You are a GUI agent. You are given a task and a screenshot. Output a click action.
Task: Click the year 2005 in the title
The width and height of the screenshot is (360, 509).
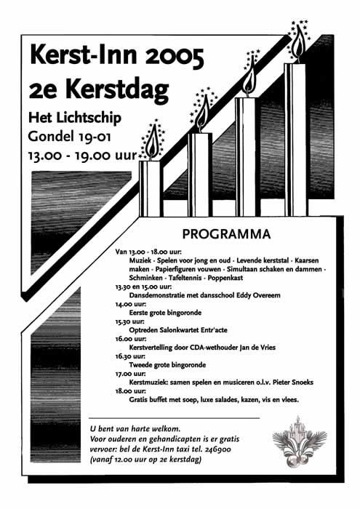[x=168, y=55]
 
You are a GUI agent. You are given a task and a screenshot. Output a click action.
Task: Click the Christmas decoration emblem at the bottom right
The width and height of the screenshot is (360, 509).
[x=297, y=444]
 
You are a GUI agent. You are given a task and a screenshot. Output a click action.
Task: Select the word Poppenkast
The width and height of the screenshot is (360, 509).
[x=228, y=278]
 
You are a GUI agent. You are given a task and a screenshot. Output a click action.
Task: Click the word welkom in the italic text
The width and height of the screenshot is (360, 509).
[x=164, y=428]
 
